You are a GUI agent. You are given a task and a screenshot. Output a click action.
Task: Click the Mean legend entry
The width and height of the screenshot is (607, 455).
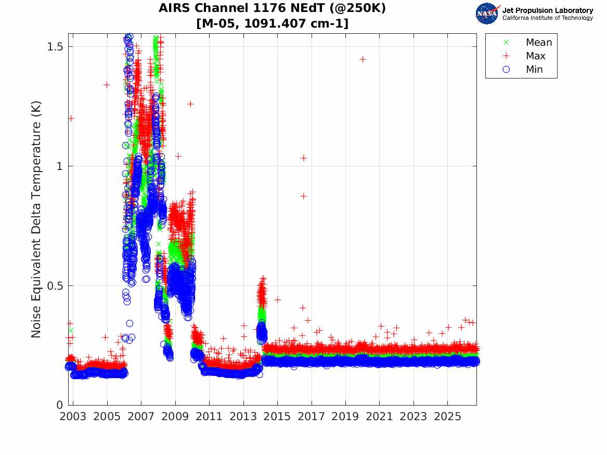click(x=528, y=42)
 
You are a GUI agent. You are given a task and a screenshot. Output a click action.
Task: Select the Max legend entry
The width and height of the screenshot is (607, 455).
click(x=524, y=56)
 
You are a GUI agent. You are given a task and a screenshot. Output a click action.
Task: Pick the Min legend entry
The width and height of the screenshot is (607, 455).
click(x=523, y=69)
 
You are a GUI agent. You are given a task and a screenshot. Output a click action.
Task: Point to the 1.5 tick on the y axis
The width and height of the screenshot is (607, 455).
click(x=55, y=46)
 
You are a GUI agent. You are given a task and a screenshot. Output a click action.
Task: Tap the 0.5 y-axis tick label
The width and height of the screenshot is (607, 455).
click(x=55, y=286)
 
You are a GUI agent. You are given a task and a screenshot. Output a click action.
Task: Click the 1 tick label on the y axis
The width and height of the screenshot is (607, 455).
click(x=60, y=166)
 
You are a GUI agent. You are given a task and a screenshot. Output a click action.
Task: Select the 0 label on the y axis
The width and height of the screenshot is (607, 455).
click(x=60, y=405)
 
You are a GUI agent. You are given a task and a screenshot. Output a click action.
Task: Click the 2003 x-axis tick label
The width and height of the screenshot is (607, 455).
click(x=73, y=417)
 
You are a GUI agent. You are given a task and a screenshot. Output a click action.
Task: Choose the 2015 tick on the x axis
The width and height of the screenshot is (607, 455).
click(x=277, y=417)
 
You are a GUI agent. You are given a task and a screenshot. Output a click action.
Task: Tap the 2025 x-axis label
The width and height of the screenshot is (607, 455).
click(x=447, y=417)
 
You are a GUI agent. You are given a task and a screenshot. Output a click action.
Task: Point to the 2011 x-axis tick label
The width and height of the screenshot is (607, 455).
click(x=209, y=417)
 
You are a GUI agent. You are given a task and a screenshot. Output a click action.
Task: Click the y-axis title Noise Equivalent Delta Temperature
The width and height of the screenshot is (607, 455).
click(x=35, y=219)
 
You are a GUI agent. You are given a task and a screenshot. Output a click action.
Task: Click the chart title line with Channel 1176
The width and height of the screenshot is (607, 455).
click(x=272, y=8)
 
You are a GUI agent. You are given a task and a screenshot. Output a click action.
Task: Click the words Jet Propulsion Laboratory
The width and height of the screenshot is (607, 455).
click(x=548, y=10)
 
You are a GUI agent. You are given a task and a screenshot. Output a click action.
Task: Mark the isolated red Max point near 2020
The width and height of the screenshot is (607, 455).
click(x=363, y=59)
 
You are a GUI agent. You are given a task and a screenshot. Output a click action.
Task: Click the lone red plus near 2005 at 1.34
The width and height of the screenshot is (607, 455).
click(x=107, y=85)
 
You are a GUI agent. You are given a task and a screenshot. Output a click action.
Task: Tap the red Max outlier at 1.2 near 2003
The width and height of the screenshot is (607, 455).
click(x=71, y=119)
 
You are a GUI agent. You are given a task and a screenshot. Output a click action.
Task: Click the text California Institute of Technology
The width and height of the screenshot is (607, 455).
click(x=548, y=18)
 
